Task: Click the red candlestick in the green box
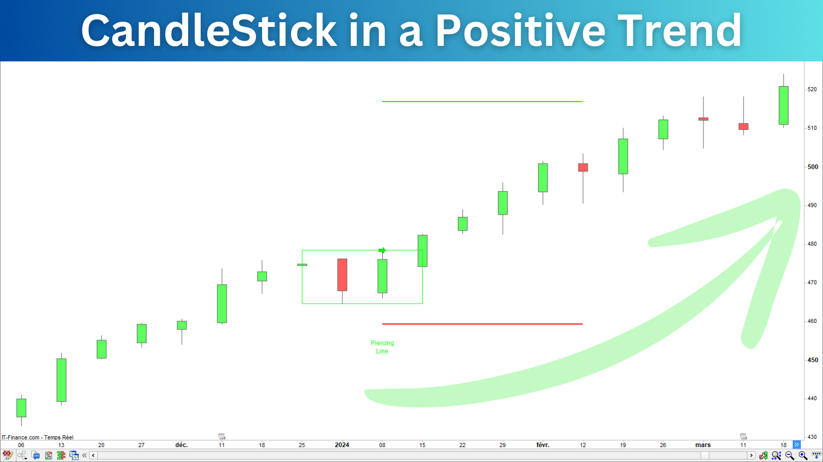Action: click(342, 275)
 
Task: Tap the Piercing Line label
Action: click(382, 347)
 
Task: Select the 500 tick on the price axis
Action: click(813, 167)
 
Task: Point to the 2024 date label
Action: click(341, 444)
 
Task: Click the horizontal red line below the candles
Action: click(483, 324)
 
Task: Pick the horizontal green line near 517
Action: click(483, 102)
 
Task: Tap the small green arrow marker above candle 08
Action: click(382, 251)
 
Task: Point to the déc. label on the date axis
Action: click(181, 444)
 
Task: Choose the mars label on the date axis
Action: click(703, 444)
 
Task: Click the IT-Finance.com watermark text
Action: click(38, 437)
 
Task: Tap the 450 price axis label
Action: click(813, 360)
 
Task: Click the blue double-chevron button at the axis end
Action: click(797, 444)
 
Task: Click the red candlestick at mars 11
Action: click(743, 126)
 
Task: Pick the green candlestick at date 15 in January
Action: click(422, 251)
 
